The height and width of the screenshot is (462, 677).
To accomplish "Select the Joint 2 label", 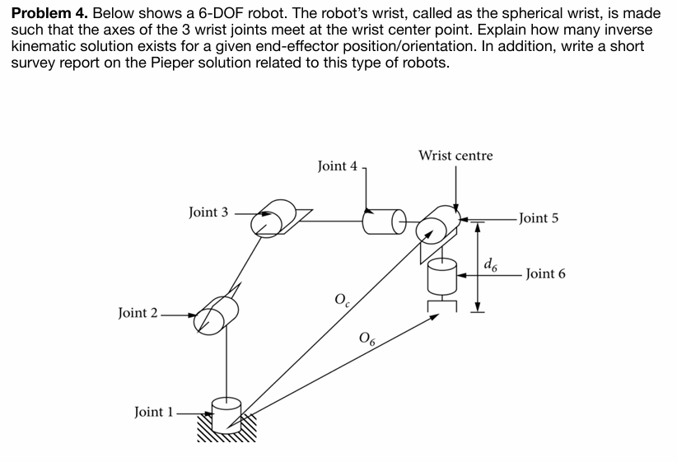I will coord(138,313).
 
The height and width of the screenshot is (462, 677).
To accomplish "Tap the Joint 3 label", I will coord(208,212).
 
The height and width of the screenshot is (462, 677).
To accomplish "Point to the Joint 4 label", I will coord(337,166).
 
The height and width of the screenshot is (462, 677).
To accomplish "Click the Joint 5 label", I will coord(539,218).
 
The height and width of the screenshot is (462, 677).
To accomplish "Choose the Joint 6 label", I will coord(545,274).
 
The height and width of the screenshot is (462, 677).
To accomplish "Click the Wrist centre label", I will coord(455,156).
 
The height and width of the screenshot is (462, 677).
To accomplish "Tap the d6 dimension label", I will coord(491,264).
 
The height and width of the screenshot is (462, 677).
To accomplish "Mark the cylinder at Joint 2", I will coord(216,313).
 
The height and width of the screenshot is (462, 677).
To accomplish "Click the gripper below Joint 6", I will coord(442,306).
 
